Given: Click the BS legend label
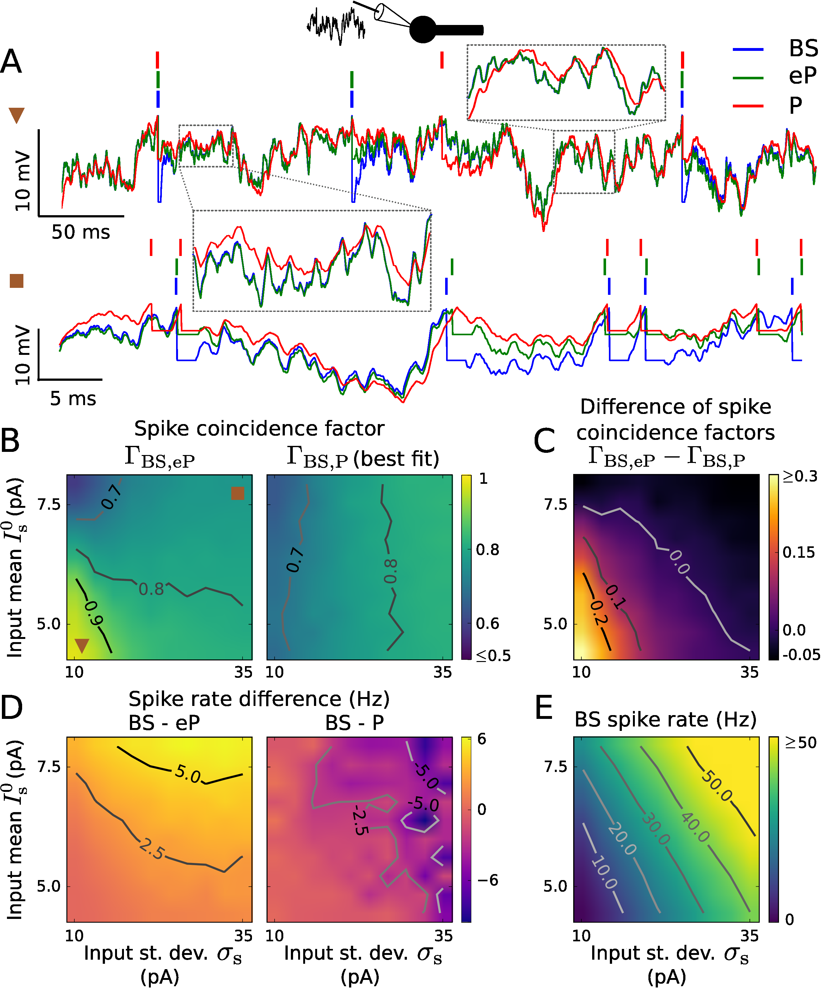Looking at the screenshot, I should (x=803, y=49).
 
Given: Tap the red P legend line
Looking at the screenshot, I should (x=748, y=106).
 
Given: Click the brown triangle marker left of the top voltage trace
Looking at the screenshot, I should (x=16, y=115).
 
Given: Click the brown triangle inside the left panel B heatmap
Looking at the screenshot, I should (x=82, y=645).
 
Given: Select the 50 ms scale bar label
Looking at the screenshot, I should (x=81, y=232).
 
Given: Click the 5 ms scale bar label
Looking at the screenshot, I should (x=73, y=399).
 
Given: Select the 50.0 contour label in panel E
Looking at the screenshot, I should (x=716, y=786).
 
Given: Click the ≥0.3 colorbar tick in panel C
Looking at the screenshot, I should (x=800, y=477).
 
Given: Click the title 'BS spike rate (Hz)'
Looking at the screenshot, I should (x=666, y=720).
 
